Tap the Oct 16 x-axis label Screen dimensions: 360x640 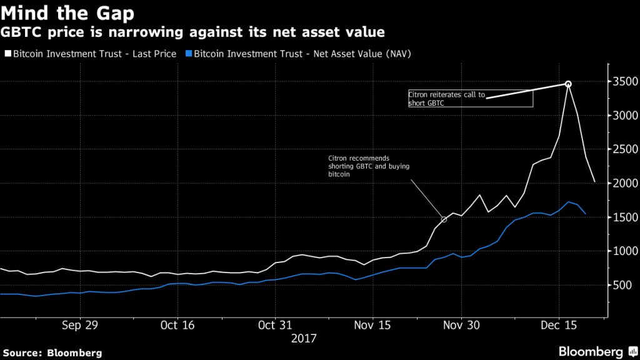[x=178, y=325]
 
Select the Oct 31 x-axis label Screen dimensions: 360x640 [x=275, y=325]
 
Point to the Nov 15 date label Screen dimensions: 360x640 [x=372, y=325]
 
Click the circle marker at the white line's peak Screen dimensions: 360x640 [x=568, y=84]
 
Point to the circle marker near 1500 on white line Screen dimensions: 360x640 [x=444, y=219]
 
